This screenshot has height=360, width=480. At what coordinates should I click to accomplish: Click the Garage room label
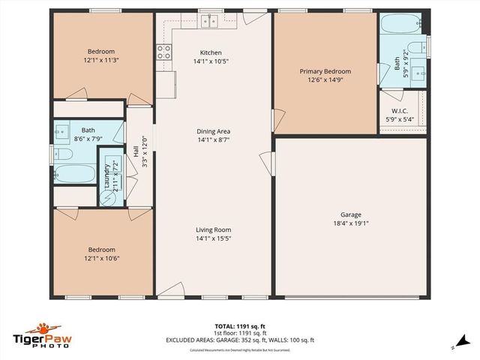pyautogui.click(x=350, y=215)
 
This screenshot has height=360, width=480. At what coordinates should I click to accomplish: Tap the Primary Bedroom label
pyautogui.click(x=325, y=72)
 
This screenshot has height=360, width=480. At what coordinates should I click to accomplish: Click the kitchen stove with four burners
pyautogui.click(x=163, y=52)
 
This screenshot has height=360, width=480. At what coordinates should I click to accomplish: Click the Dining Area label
pyautogui.click(x=213, y=131)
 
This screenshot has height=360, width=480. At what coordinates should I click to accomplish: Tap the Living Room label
pyautogui.click(x=213, y=230)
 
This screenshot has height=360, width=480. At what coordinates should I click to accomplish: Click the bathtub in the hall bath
pyautogui.click(x=75, y=175)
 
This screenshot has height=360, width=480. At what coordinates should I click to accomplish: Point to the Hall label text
pyautogui.click(x=136, y=151)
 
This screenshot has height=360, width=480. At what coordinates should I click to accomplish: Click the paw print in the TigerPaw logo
pyautogui.click(x=44, y=328)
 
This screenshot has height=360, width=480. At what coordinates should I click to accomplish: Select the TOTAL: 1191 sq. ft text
pyautogui.click(x=240, y=326)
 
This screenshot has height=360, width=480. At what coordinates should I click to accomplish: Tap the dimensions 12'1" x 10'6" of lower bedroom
pyautogui.click(x=101, y=258)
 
